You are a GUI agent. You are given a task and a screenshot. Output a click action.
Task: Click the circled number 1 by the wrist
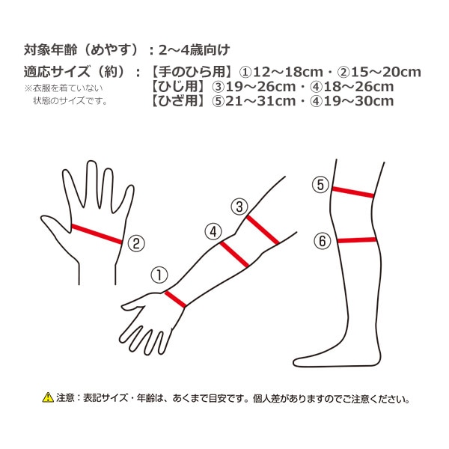(x=159, y=275)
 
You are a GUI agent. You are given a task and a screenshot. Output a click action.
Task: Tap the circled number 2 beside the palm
(x=136, y=243)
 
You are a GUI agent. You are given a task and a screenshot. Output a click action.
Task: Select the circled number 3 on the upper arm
(x=239, y=207)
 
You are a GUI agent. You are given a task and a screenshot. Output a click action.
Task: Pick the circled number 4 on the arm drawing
(x=213, y=232)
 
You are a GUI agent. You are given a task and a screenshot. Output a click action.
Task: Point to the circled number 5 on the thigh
(x=321, y=184)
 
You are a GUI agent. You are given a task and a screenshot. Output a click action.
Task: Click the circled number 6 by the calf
(x=323, y=241)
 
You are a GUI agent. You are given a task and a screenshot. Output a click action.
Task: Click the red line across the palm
(x=97, y=234)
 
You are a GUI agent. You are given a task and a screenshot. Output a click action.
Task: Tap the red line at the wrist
(x=175, y=299)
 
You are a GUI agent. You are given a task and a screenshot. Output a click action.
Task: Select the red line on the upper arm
(x=263, y=230)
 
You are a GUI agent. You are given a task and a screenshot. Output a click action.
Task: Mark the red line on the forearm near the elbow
(x=234, y=254)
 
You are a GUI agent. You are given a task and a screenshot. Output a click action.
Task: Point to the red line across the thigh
(x=353, y=192)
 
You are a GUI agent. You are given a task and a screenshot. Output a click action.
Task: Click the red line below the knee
(x=357, y=240)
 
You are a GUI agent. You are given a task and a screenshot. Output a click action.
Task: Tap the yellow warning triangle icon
(x=48, y=397)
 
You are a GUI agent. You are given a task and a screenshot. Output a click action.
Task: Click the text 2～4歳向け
(x=195, y=50)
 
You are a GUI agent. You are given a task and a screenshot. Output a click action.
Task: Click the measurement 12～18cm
(x=288, y=72)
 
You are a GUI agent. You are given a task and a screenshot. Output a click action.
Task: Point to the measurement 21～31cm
(x=260, y=101)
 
